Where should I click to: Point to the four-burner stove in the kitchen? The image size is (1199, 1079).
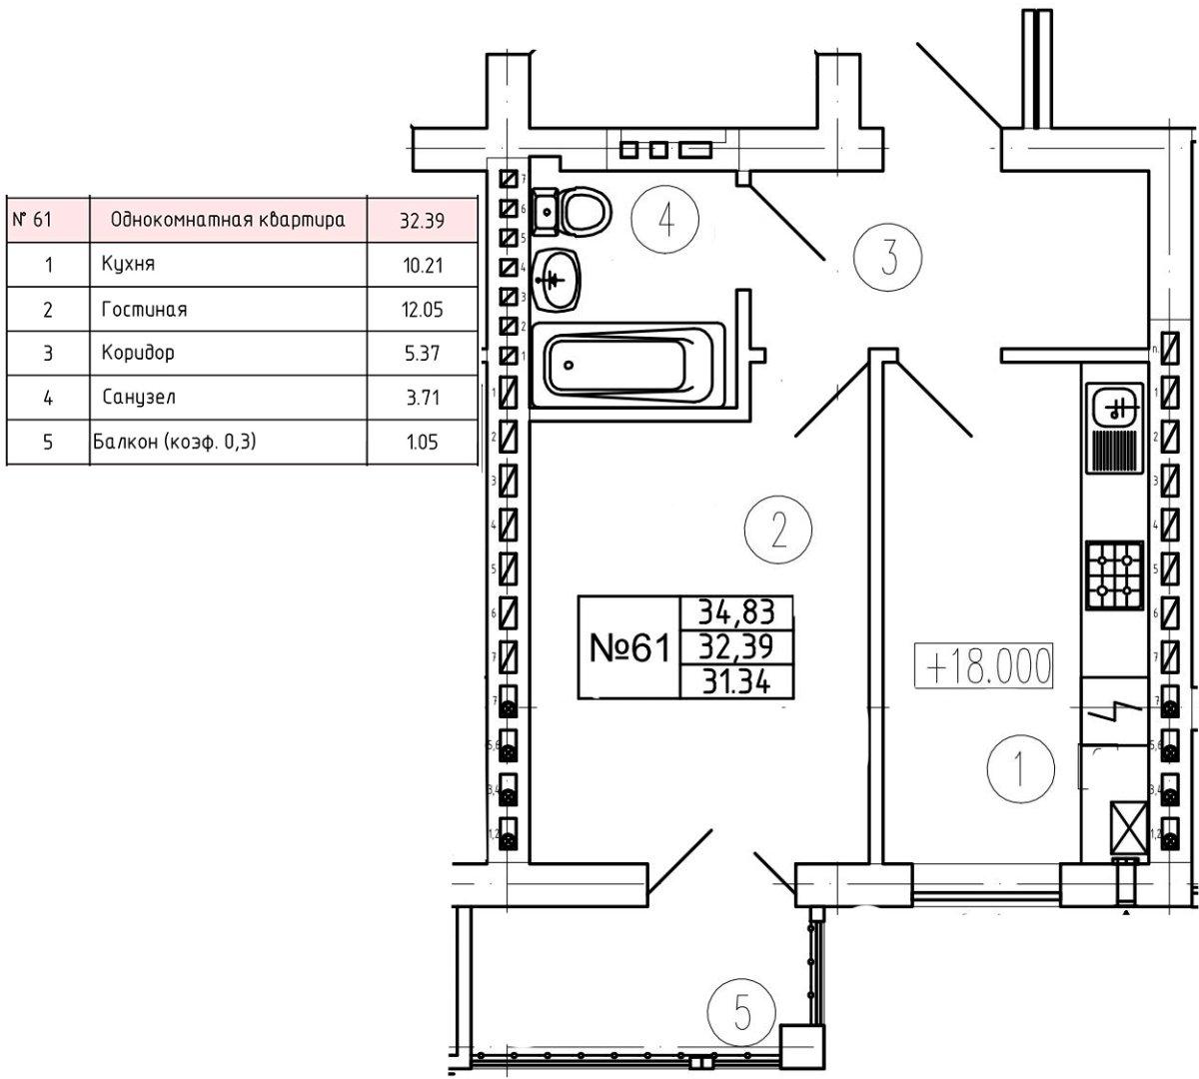point(1115,576)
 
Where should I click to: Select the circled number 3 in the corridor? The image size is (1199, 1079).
point(887,257)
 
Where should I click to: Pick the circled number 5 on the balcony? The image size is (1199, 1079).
point(740,1013)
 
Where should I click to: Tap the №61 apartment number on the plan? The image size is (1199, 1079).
point(627,647)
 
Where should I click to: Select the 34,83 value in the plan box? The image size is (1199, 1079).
point(736,611)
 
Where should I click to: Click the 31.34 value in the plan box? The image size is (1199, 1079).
point(736,682)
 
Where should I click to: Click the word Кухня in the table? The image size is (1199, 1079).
point(128,265)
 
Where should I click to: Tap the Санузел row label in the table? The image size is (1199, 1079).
point(139,398)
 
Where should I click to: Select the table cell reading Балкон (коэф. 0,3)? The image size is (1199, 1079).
point(175,441)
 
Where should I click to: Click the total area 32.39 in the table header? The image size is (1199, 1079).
point(421,221)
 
